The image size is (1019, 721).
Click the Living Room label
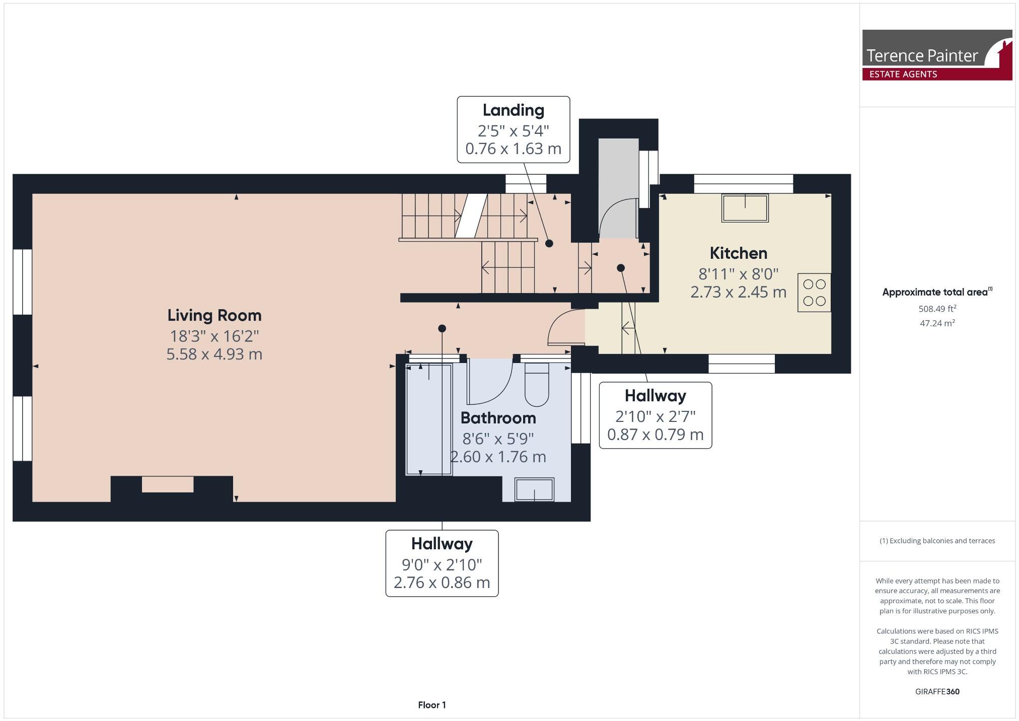[x=214, y=316]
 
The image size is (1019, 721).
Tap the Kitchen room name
[x=738, y=253]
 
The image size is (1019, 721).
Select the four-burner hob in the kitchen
[x=814, y=293]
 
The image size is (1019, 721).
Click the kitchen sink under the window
[x=745, y=208]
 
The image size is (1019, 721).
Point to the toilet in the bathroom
[x=537, y=385]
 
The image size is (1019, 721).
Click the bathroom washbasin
[x=534, y=489]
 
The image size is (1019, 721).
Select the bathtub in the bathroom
[x=429, y=419]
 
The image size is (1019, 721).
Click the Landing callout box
[x=513, y=130]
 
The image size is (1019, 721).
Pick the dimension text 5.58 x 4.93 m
[x=214, y=354]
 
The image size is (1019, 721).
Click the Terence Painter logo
[x=936, y=54]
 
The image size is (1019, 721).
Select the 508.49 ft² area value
[x=937, y=309]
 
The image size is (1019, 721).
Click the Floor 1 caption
[x=431, y=705]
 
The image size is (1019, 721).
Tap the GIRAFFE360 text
[x=937, y=691]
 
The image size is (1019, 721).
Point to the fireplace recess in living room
[x=168, y=484]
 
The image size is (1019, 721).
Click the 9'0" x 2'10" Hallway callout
[x=442, y=563]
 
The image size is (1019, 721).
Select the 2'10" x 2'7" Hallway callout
[x=655, y=415]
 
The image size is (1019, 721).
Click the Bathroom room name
[x=498, y=418]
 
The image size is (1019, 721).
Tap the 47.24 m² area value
[x=937, y=323]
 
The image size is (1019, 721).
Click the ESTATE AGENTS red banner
[x=904, y=75]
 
